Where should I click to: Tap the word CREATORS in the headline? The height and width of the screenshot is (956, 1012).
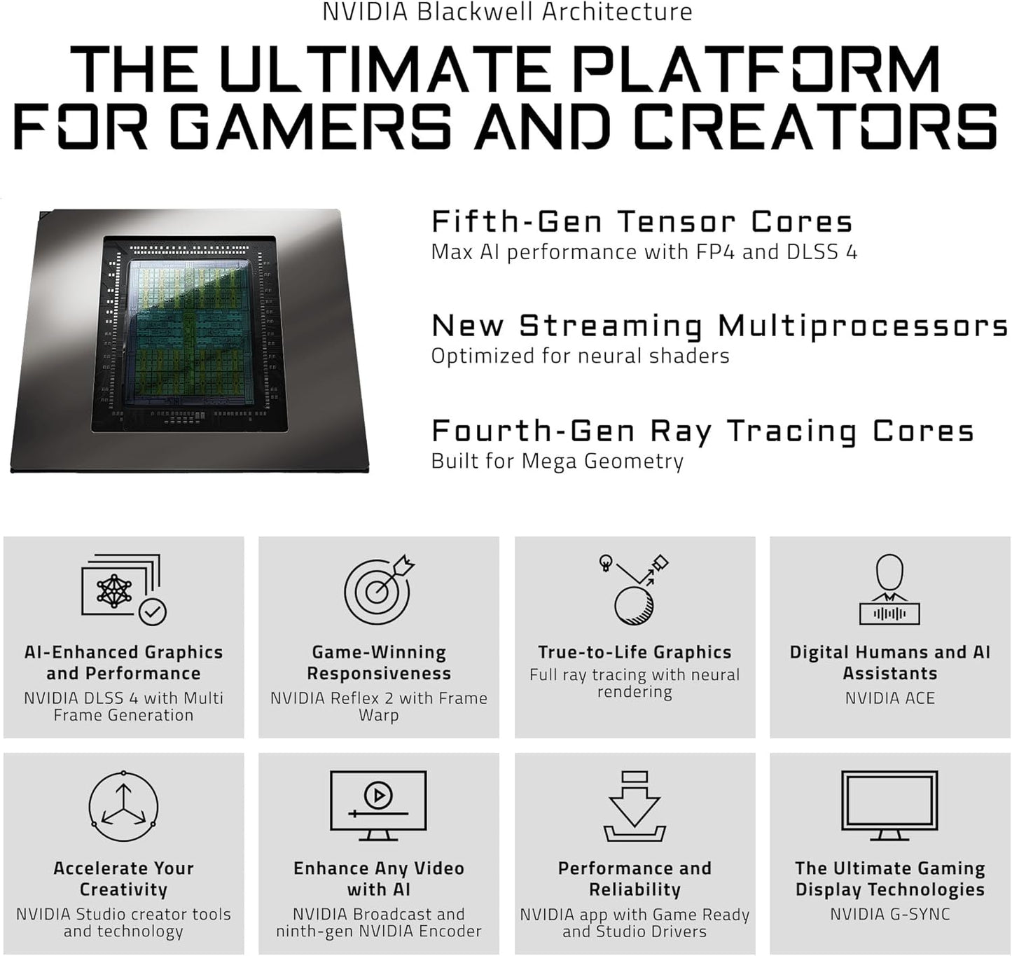[x=815, y=126]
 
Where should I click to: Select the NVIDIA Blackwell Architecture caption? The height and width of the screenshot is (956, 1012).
[x=507, y=12]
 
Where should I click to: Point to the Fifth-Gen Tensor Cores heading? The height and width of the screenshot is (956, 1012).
[x=642, y=222]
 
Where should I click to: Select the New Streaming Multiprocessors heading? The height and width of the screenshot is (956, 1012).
[x=719, y=326]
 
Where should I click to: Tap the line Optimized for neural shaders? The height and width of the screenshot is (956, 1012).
[x=580, y=356]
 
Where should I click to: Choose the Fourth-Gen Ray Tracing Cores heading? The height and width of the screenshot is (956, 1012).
[x=702, y=431]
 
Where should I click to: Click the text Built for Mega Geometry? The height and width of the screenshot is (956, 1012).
[x=557, y=461]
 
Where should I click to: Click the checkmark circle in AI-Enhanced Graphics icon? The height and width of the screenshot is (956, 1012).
[x=152, y=612]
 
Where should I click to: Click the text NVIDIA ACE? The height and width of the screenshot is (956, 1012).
[x=889, y=698]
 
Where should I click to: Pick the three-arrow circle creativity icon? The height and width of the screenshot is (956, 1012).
[x=123, y=806]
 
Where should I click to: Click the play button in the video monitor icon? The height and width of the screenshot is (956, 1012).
[x=378, y=795]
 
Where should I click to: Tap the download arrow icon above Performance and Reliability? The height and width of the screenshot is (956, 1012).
[x=635, y=805]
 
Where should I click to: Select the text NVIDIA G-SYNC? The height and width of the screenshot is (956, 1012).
[x=889, y=914]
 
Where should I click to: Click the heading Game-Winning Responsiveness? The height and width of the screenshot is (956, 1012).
[x=378, y=663]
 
